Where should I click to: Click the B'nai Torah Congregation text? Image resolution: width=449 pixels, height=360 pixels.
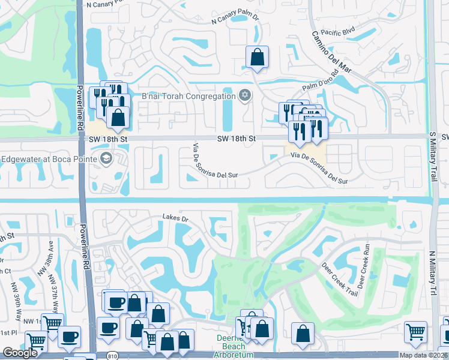click(x=188, y=97)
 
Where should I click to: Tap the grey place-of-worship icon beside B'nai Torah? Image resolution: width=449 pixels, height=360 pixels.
click(x=244, y=96)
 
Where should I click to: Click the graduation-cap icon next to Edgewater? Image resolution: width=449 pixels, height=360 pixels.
click(x=106, y=158)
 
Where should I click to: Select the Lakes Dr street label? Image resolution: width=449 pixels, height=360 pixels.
click(x=175, y=218)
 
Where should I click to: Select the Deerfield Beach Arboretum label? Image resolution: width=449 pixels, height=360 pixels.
click(x=231, y=346)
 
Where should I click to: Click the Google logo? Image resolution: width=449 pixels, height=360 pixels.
click(x=20, y=353)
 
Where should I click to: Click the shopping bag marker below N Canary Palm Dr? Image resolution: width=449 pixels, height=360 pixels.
click(x=257, y=58)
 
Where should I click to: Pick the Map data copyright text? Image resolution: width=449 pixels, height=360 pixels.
click(x=423, y=355)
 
